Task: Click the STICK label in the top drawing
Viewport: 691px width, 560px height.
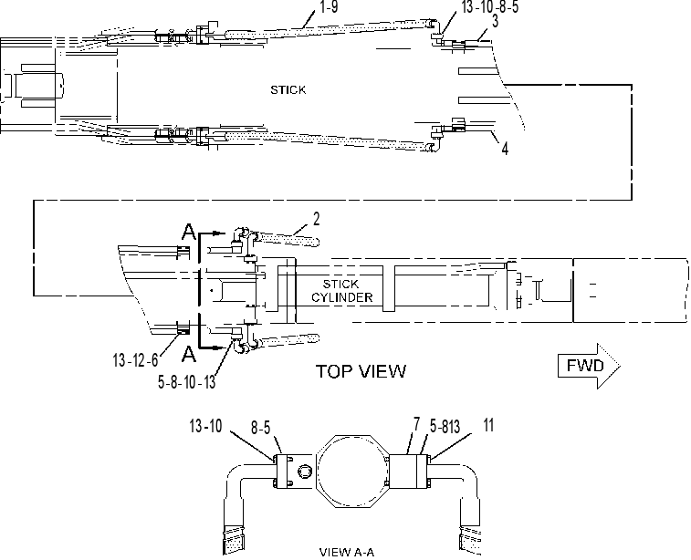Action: tap(288, 89)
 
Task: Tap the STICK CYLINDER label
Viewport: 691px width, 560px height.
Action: tap(342, 291)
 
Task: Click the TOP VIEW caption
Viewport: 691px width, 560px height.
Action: tap(361, 371)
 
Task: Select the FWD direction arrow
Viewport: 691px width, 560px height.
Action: tap(589, 366)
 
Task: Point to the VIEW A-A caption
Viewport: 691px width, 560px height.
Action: tap(346, 552)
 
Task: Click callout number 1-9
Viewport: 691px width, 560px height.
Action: tap(329, 7)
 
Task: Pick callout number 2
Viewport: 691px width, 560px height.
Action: tap(316, 219)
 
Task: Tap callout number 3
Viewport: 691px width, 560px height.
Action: tap(495, 21)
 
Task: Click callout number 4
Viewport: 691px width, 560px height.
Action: tap(505, 149)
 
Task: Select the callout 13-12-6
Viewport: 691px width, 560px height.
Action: tap(135, 360)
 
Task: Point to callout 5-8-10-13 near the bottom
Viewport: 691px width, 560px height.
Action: tap(187, 382)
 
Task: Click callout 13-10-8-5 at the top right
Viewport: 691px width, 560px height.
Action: tap(490, 6)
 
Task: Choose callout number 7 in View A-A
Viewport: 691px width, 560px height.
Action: tap(416, 424)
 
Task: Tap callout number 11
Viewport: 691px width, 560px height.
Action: tap(488, 425)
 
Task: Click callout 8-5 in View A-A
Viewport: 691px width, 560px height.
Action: tap(260, 427)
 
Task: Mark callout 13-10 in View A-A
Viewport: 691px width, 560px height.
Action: tap(205, 426)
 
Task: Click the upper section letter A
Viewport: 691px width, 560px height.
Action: tap(189, 232)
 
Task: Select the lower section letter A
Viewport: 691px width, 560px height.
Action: tap(189, 354)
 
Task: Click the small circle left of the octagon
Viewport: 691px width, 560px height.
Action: tap(304, 472)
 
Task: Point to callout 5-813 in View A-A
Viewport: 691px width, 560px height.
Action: tap(445, 426)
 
